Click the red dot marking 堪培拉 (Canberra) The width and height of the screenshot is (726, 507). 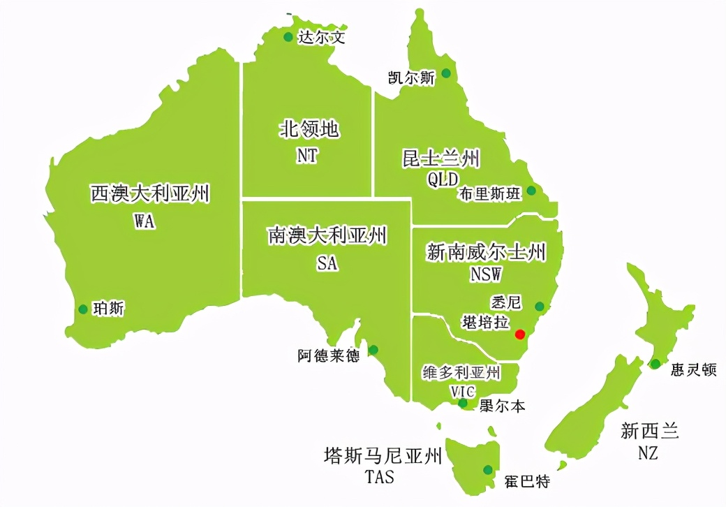point(520,335)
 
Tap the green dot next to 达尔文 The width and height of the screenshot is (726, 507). point(288,37)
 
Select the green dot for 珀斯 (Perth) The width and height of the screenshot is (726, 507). point(83,309)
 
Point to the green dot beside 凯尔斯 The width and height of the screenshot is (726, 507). point(445,73)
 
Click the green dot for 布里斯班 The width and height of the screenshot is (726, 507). point(531,190)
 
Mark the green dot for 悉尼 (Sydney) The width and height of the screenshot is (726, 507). point(540,306)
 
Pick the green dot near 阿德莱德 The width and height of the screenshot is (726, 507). point(373,350)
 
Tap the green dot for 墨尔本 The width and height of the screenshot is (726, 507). point(463,403)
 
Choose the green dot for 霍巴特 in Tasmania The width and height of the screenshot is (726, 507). point(487,469)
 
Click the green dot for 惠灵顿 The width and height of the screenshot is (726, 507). point(655,363)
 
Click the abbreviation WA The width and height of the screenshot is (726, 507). point(145,221)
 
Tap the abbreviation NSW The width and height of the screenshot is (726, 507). point(486,274)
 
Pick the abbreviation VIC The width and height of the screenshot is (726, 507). point(462,391)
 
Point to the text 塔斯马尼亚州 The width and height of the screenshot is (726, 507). point(383,457)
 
